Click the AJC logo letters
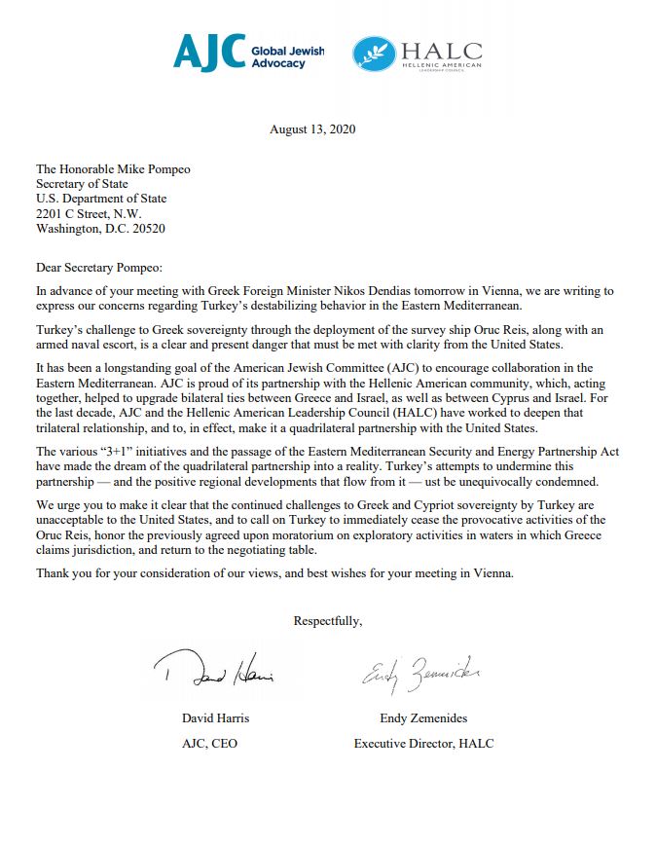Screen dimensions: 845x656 209,53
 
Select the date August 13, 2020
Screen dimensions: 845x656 312,129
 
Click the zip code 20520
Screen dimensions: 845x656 143,229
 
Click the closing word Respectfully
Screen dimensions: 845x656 328,619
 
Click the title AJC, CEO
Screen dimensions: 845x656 209,744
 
